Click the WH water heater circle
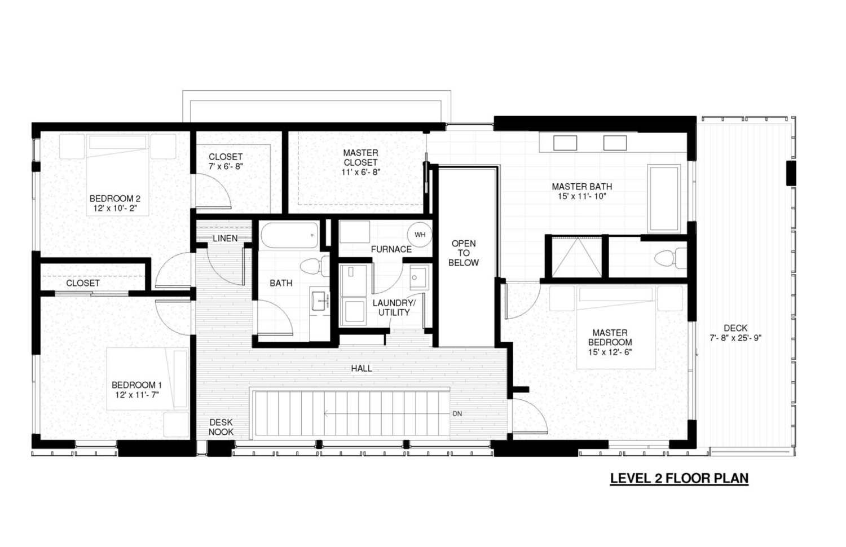(x=420, y=235)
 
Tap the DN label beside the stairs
(x=457, y=414)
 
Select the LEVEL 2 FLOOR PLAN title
(x=679, y=478)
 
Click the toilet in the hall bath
(x=315, y=266)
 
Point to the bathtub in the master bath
(x=664, y=198)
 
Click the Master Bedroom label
(x=610, y=337)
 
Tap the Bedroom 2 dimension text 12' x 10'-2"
(x=115, y=208)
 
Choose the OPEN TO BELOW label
(x=464, y=253)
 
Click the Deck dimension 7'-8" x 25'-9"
(x=735, y=338)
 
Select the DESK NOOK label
(x=221, y=427)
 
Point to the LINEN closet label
(x=225, y=238)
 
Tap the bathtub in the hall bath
(x=289, y=235)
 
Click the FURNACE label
(x=391, y=249)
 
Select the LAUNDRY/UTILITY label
(x=394, y=308)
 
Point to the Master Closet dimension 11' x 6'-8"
(x=361, y=172)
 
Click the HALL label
(x=362, y=368)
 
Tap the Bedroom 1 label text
(x=136, y=385)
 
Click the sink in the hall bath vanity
(x=320, y=301)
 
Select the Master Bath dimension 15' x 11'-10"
(x=581, y=196)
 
